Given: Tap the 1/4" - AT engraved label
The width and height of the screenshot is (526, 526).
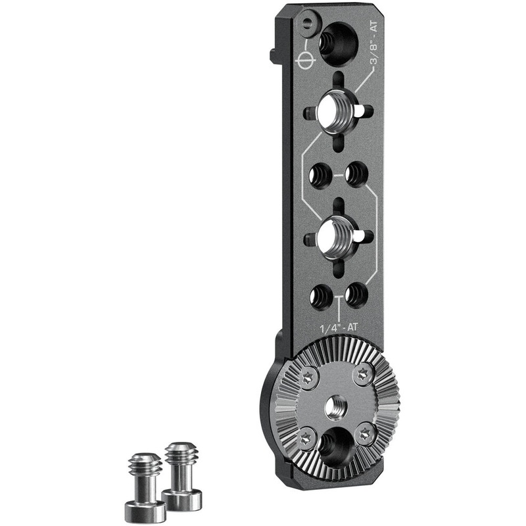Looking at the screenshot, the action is [x=339, y=327].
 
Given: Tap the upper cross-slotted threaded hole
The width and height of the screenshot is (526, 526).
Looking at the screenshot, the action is [x=337, y=112].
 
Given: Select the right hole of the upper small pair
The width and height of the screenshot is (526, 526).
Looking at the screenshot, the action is [x=356, y=174].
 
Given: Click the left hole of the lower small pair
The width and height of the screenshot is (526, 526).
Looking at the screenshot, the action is [x=321, y=297].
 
